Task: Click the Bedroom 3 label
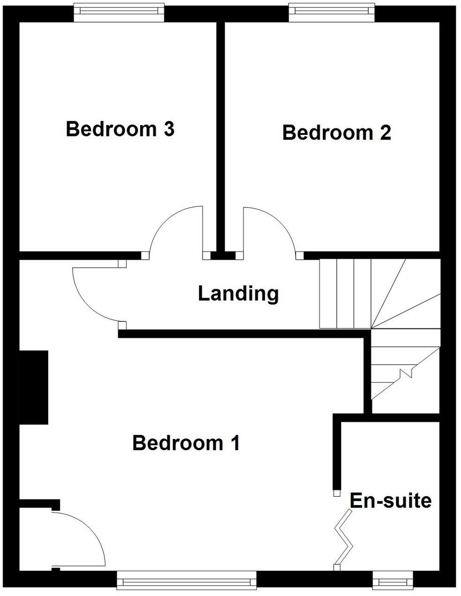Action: click(120, 129)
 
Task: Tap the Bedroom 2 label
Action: click(336, 133)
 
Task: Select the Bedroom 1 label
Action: click(186, 443)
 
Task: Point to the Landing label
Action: click(238, 294)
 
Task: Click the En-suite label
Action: click(390, 501)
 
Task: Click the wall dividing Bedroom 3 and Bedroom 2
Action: click(220, 136)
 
